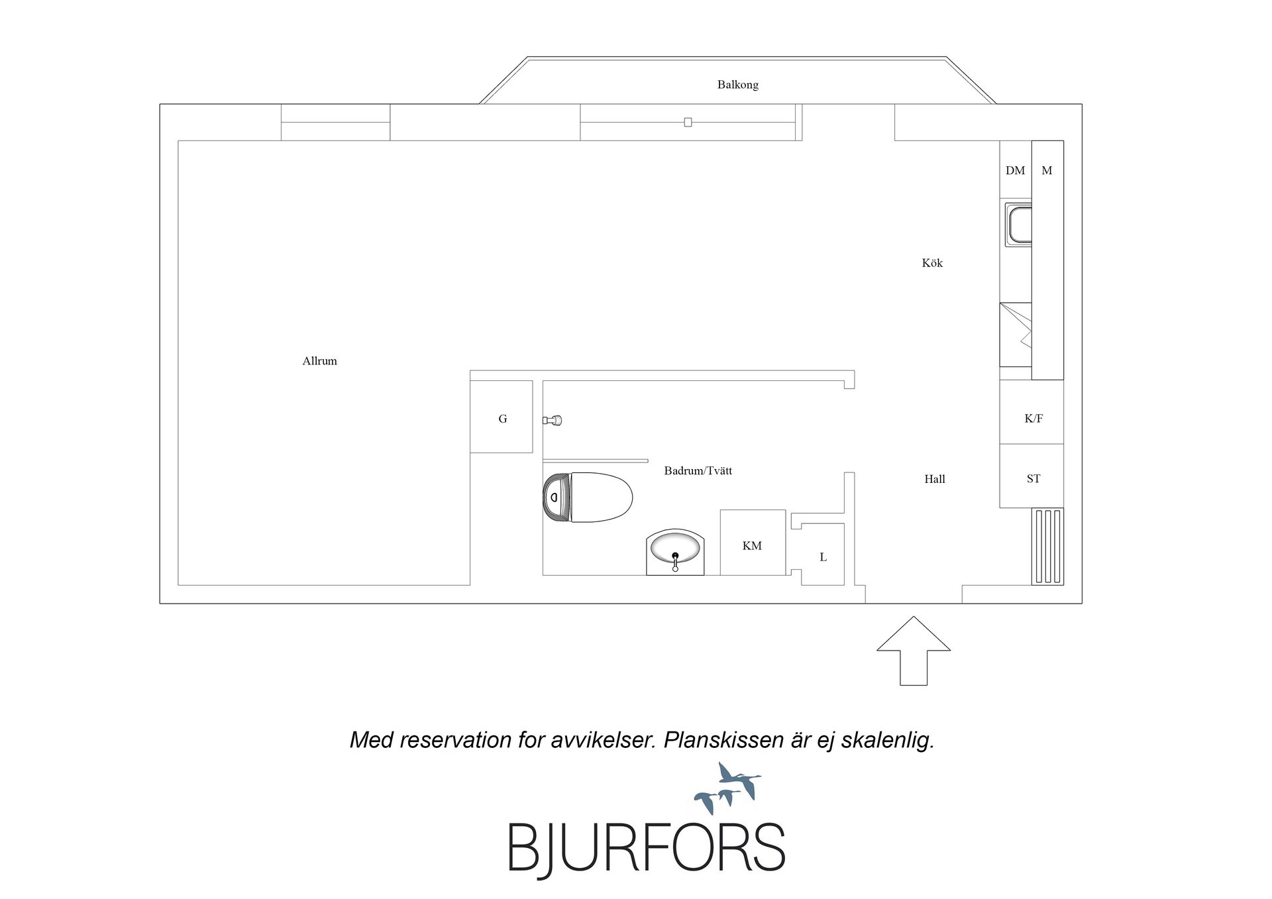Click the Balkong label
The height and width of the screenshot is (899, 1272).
point(737,85)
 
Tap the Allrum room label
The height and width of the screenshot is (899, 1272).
point(319,361)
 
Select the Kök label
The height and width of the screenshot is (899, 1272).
point(932,263)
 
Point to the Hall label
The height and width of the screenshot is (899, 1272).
point(935,479)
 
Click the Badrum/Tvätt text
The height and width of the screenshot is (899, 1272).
point(698,471)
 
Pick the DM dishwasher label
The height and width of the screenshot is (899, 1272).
point(1015,170)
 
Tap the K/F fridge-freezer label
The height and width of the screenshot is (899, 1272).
point(1033,419)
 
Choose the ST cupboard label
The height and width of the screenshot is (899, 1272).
point(1033,478)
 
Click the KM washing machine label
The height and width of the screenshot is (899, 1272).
point(752,546)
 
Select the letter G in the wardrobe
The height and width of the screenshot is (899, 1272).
point(503,419)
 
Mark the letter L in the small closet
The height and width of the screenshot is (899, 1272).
point(823,557)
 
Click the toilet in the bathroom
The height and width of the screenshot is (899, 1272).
point(588,498)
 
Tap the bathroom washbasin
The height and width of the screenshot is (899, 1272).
point(675,552)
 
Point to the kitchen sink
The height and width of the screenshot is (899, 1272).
point(1018,225)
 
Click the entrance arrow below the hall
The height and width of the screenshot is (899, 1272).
point(914,651)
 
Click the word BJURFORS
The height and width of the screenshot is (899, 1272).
point(646,847)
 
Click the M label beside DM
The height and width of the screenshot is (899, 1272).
point(1047,170)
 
